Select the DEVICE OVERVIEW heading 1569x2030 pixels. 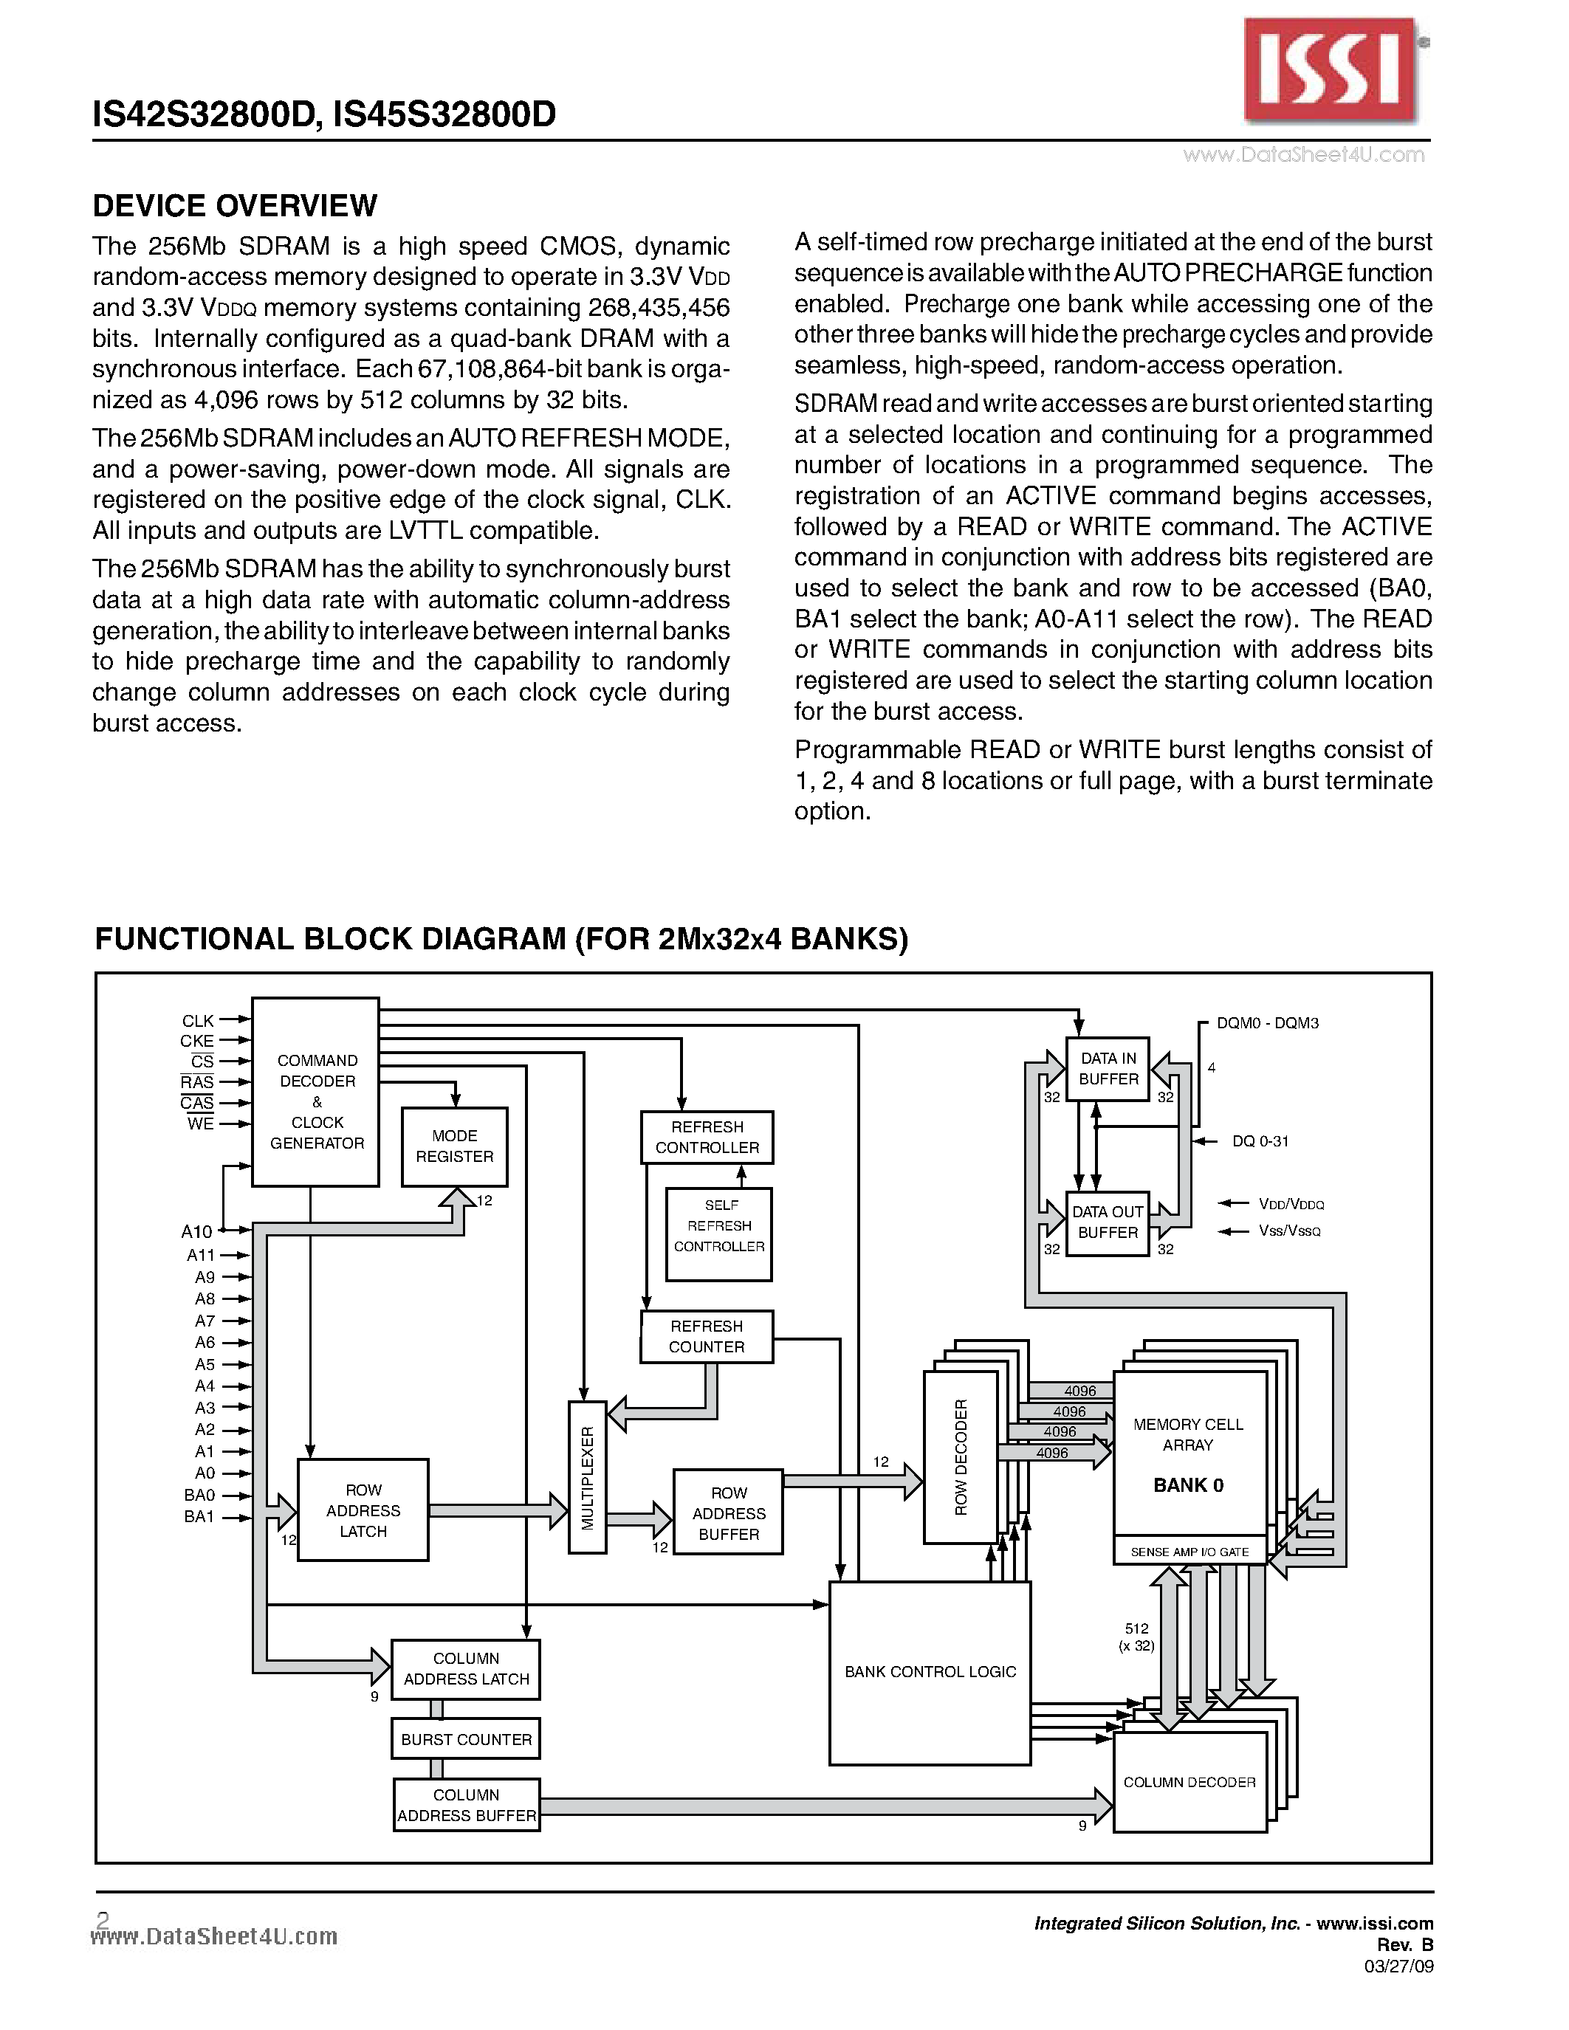(235, 205)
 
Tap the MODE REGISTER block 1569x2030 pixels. (455, 1146)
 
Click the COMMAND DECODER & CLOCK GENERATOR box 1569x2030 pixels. (316, 1093)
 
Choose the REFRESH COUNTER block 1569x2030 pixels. (707, 1337)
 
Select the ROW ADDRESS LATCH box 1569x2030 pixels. (363, 1510)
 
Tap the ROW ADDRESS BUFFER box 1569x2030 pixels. (728, 1511)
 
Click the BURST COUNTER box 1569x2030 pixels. (466, 1739)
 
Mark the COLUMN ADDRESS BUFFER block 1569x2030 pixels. (467, 1805)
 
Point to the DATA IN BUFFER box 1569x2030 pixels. (1108, 1069)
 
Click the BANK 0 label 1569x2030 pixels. (1188, 1485)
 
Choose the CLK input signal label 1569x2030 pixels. (197, 1021)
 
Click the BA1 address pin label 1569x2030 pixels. (199, 1517)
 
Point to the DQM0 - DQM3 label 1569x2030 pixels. (1268, 1023)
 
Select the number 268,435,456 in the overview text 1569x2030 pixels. (659, 308)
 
